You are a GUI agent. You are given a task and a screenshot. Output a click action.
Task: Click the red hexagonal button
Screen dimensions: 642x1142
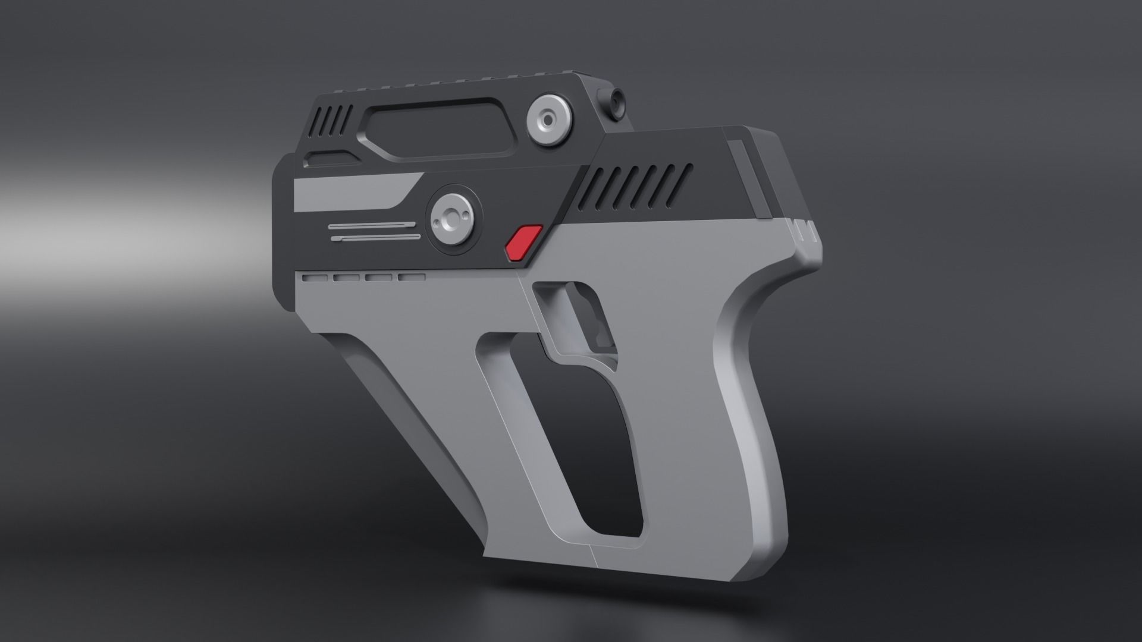tap(523, 243)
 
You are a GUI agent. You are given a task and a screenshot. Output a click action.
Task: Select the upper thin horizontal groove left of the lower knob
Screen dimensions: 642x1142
tap(371, 225)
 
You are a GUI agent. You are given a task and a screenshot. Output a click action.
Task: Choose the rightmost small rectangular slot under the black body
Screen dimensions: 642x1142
tap(412, 277)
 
